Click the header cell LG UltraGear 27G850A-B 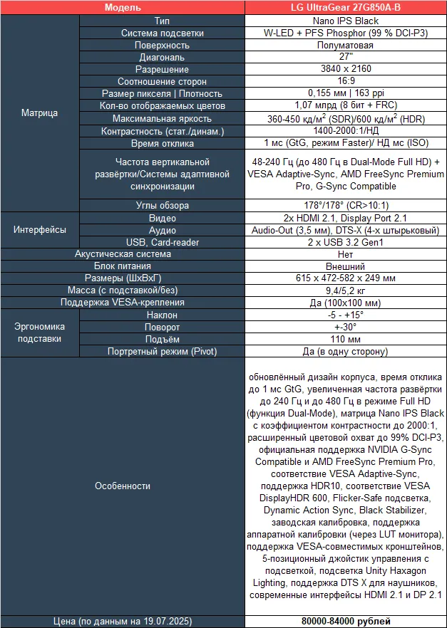pos(345,8)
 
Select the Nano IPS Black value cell pos(345,21)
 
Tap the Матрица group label pos(40,112)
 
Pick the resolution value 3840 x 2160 pos(345,69)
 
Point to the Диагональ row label pos(162,57)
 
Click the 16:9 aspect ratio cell pos(345,81)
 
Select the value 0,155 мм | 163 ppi pos(345,93)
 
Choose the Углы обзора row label pos(162,205)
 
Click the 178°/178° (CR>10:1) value pos(345,205)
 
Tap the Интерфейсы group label pos(40,230)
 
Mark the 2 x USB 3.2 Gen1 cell pos(345,242)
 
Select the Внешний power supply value pos(345,266)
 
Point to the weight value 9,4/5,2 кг pos(345,291)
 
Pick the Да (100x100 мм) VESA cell pos(345,303)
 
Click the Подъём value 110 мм pos(345,339)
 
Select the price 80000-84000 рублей pos(345,621)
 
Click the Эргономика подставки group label pos(40,333)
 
